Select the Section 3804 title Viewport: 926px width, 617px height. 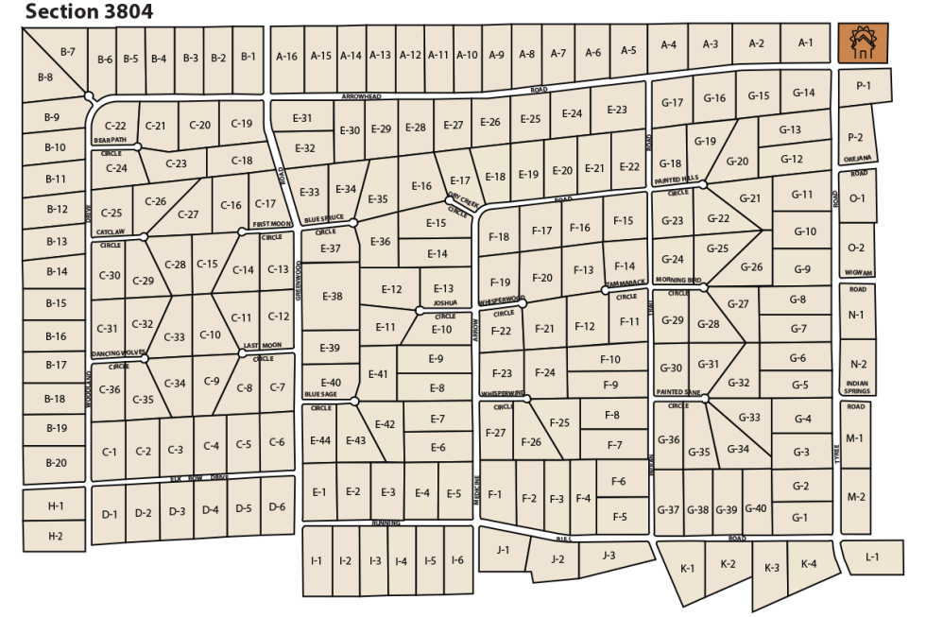click(x=89, y=11)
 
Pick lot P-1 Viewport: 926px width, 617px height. click(x=863, y=87)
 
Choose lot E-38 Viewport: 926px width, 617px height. click(x=332, y=297)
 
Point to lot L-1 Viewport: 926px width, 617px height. click(x=872, y=557)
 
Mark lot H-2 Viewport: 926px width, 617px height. click(x=56, y=536)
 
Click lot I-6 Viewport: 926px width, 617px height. click(x=458, y=561)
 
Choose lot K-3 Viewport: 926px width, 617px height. click(x=772, y=568)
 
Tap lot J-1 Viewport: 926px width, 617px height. click(x=503, y=550)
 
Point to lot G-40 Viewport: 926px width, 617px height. click(x=756, y=509)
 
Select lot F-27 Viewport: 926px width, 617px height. click(x=495, y=433)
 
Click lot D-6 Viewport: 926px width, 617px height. click(x=277, y=507)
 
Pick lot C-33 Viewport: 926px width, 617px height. click(x=174, y=337)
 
